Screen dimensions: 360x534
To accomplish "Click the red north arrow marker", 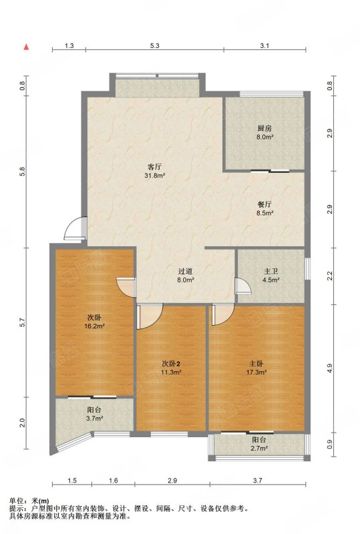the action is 26,47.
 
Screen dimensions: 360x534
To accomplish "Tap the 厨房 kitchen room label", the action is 264,129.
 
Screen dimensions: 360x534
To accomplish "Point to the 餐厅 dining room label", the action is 264,205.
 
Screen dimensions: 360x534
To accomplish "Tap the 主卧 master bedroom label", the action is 256,364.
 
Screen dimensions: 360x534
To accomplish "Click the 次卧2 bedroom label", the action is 171,364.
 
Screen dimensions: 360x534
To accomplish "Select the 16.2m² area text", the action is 94,326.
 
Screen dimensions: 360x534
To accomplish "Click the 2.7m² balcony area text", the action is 259,448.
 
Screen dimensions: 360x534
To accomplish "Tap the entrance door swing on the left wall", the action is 75,228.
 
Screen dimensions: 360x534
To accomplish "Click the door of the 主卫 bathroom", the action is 243,286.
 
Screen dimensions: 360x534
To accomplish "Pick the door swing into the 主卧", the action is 222,314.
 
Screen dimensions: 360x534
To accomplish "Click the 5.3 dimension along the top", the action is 155,46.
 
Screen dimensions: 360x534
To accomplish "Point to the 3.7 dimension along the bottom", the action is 258,481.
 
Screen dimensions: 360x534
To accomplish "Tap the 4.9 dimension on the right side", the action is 329,368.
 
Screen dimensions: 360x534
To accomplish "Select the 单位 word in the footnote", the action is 16,501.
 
